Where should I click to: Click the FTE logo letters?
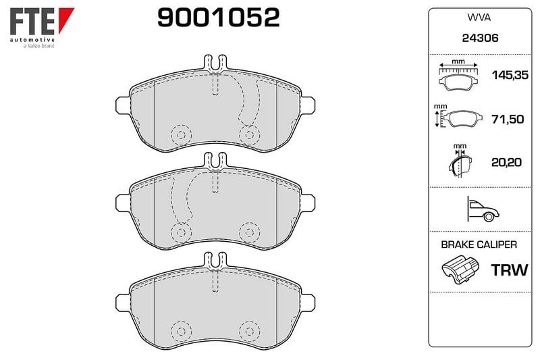click(x=32, y=22)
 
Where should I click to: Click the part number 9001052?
click(x=218, y=18)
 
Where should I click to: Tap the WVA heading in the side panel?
click(x=479, y=18)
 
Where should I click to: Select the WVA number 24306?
click(x=480, y=38)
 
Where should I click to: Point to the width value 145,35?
click(x=510, y=75)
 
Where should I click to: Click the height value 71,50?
click(x=508, y=119)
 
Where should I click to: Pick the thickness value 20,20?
click(x=506, y=162)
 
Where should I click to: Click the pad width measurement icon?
click(x=458, y=75)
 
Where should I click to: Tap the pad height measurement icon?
click(x=456, y=116)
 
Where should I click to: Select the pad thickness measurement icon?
click(x=460, y=161)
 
